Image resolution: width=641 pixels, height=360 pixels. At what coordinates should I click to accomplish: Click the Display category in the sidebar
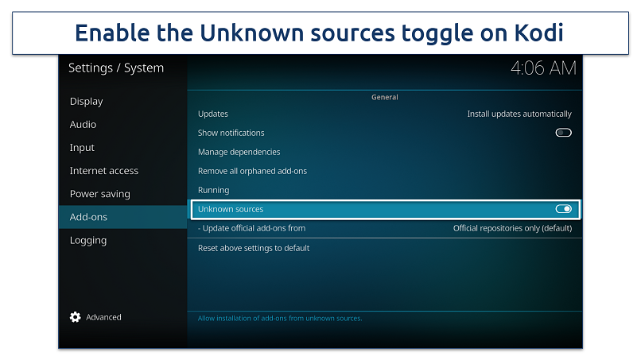pos(86,102)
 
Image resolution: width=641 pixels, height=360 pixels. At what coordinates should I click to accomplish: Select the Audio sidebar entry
pos(83,124)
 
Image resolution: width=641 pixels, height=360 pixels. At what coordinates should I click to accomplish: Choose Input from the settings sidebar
pos(82,148)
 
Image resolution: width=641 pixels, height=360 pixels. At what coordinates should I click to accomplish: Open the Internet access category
pos(104,171)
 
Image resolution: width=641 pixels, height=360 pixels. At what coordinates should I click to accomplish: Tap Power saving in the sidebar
pos(99,194)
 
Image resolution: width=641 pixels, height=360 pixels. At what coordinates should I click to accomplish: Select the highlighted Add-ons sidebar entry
pos(88,217)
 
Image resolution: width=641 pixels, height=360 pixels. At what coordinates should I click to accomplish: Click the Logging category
pos(88,240)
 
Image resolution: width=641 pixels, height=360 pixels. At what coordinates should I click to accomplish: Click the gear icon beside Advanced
pos(76,317)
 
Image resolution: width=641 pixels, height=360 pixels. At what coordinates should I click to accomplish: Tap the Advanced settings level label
pos(103,317)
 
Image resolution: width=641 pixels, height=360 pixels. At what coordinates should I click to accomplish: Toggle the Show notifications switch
pos(563,133)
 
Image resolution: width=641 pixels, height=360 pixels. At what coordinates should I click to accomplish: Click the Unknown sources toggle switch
pos(563,209)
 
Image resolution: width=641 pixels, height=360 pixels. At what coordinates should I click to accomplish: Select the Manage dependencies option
pos(239,152)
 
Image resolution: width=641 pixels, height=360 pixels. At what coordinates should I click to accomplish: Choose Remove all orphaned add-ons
pos(252,171)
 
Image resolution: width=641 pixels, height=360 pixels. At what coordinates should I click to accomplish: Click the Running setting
pos(213,191)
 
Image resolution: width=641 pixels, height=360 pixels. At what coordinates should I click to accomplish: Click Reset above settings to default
pos(254,248)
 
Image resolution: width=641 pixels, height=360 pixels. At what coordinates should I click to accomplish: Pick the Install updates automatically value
pos(519,114)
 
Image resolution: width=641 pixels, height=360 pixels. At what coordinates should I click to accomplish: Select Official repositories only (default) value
pos(512,228)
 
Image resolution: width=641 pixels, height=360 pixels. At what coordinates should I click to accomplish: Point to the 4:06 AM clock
pos(543,68)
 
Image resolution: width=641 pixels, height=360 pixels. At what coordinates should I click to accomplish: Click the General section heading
pos(385,97)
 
